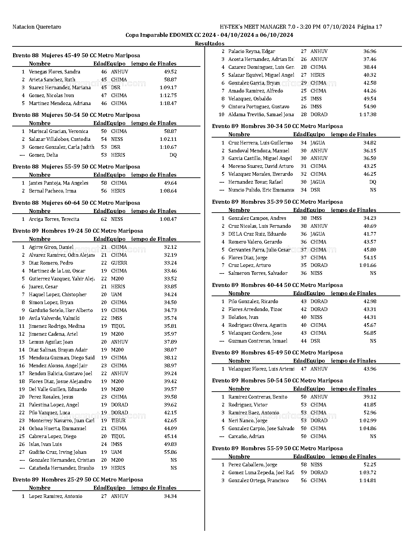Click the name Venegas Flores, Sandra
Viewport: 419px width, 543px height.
click(x=55, y=72)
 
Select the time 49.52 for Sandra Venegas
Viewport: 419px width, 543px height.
click(x=170, y=72)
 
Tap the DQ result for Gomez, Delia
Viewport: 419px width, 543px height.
click(x=173, y=155)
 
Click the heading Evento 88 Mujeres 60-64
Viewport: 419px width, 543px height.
click(x=76, y=203)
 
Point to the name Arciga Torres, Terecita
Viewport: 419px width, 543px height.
click(x=54, y=219)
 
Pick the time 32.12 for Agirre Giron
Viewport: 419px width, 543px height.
click(x=170, y=247)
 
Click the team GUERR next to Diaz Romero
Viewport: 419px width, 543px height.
click(x=119, y=263)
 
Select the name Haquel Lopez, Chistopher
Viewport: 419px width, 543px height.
click(x=58, y=295)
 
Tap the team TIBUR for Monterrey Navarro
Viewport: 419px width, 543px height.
click(x=118, y=421)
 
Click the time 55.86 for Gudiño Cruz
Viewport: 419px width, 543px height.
click(x=170, y=452)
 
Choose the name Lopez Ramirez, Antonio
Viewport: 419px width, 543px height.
click(x=56, y=496)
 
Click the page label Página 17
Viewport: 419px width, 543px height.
click(x=370, y=27)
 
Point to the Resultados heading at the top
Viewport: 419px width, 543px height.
click(x=210, y=43)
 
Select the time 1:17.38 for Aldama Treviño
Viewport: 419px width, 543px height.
click(x=368, y=115)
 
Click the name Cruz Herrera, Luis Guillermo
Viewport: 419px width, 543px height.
click(x=261, y=143)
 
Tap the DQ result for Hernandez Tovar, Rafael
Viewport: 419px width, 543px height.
click(x=373, y=182)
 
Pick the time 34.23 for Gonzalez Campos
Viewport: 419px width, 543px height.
click(x=370, y=218)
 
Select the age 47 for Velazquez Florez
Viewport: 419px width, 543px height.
click(x=304, y=369)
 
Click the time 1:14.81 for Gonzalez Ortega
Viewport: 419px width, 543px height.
click(x=368, y=480)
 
